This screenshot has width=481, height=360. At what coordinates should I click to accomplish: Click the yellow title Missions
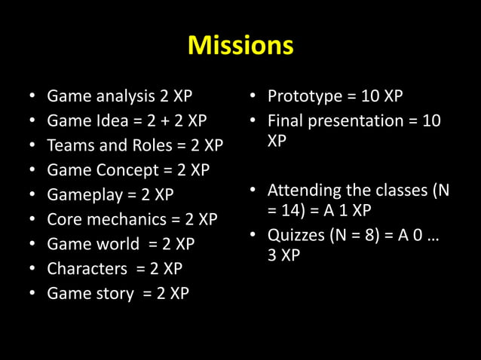pyautogui.click(x=240, y=46)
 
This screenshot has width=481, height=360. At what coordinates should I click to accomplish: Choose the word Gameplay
pyautogui.click(x=81, y=195)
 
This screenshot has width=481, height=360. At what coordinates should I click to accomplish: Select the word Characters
pyautogui.click(x=84, y=269)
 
